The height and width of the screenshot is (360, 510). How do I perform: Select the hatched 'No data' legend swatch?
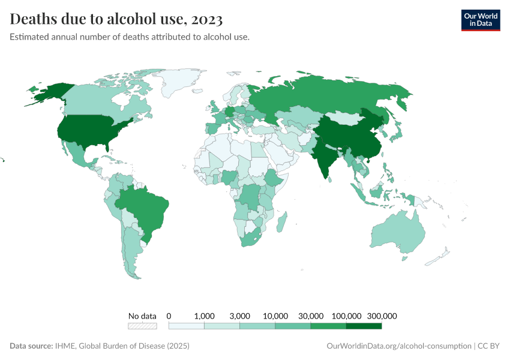142,326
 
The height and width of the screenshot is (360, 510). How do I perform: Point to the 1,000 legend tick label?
205,316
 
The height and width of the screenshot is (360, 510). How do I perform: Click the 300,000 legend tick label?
382,316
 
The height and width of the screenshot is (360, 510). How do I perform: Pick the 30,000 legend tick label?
311,316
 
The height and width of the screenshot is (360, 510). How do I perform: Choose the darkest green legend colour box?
364,326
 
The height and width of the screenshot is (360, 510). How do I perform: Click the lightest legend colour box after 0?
187,326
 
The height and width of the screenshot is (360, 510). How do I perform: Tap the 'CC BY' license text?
488,346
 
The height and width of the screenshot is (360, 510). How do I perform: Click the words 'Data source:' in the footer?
31,346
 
